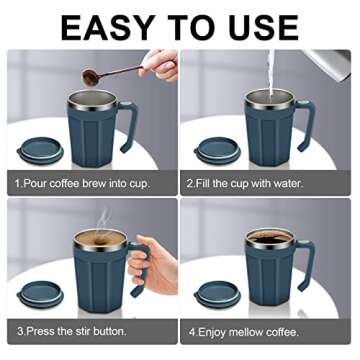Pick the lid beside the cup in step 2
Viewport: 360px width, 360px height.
tap(216, 150)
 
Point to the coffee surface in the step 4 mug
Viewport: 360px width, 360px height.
tap(271, 238)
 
